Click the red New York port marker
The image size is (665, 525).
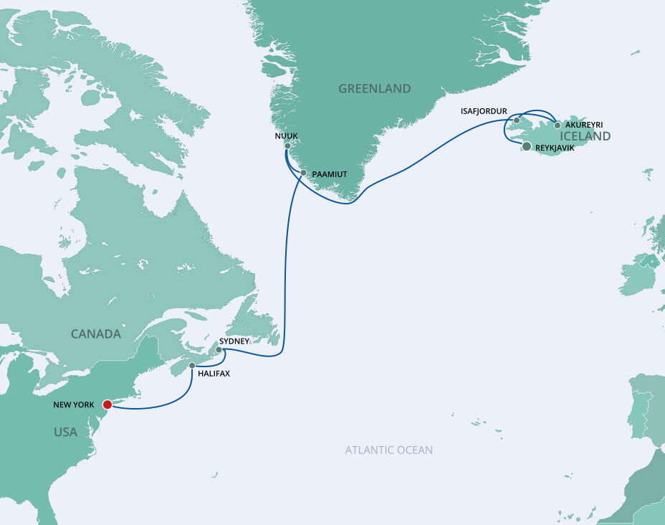point(107,405)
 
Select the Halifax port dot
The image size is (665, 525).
point(192,366)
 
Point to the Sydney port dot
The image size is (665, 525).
point(219,350)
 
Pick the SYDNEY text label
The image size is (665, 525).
point(234,341)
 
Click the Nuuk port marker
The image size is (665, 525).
point(287,146)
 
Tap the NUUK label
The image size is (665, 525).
point(286,135)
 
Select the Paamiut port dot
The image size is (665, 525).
point(303,173)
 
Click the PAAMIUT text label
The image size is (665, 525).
point(330,174)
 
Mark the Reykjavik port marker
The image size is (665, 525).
point(527,146)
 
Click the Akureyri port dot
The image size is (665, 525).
point(558,125)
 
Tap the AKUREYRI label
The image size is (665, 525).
point(583,125)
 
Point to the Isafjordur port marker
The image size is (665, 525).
point(517,120)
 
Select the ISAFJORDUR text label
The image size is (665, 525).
point(484,112)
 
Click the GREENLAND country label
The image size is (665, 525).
point(374,89)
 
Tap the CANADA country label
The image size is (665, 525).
point(95,334)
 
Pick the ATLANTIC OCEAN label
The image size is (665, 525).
point(388,450)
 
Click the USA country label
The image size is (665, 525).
point(65,432)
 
